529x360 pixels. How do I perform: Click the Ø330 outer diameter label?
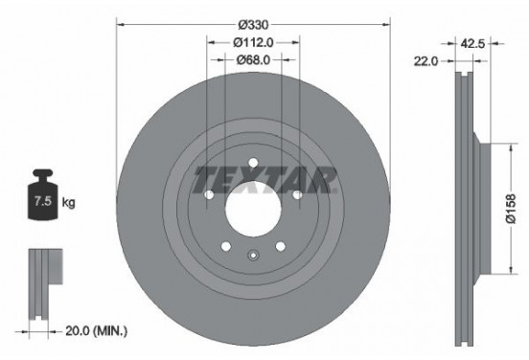click(254, 20)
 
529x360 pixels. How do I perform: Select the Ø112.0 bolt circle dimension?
click(254, 41)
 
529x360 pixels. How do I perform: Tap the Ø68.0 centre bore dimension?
click(254, 60)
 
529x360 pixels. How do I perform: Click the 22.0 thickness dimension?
click(426, 60)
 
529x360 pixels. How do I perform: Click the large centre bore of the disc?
click(254, 206)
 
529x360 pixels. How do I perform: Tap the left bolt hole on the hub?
click(210, 195)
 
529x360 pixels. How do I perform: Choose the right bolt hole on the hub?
click(297, 195)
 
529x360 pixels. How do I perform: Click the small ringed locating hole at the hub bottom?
click(254, 255)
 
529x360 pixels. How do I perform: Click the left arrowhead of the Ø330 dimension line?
click(121, 20)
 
